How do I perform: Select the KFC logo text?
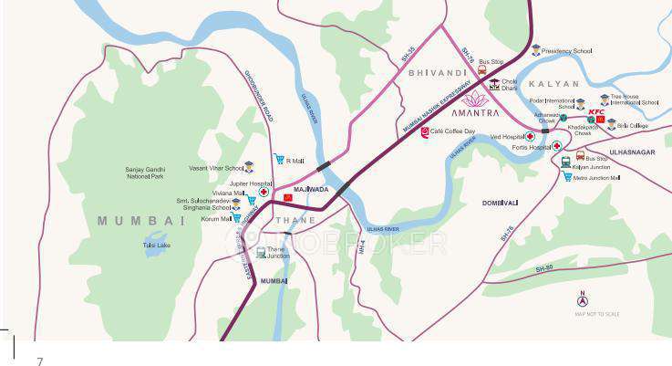pyautogui.click(x=596, y=110)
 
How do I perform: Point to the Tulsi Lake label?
pyautogui.click(x=157, y=245)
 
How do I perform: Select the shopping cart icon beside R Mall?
pyautogui.click(x=279, y=160)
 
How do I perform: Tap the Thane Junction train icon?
pyautogui.click(x=261, y=252)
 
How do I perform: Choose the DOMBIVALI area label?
pyautogui.click(x=500, y=203)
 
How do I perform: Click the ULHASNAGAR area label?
pyautogui.click(x=627, y=152)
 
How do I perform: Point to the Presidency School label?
pyautogui.click(x=567, y=51)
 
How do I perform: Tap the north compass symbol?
pyautogui.click(x=583, y=301)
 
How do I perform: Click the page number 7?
pyautogui.click(x=39, y=361)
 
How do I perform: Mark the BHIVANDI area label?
pyautogui.click(x=437, y=71)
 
